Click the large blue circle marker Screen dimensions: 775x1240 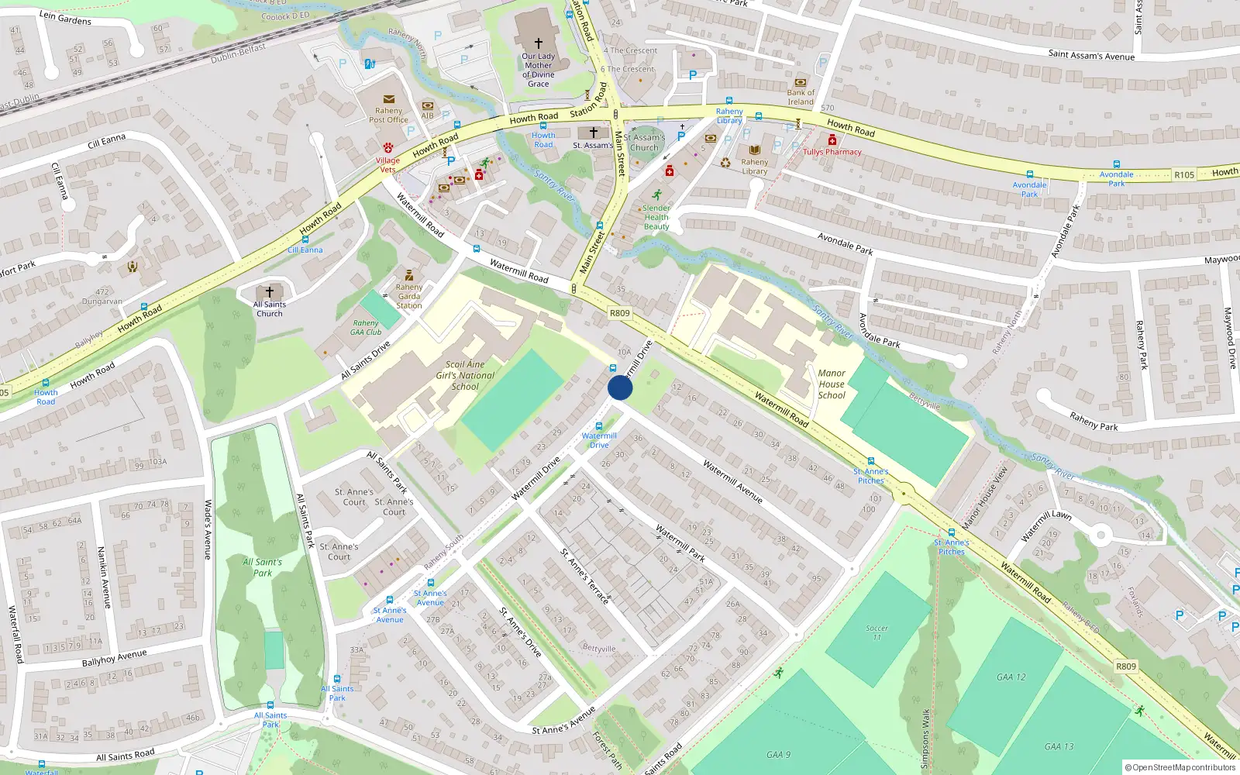tap(620, 387)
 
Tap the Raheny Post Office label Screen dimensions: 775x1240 tap(388, 115)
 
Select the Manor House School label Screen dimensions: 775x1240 tap(832, 384)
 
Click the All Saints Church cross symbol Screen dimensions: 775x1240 tap(270, 292)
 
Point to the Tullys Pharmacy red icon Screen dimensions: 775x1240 tap(832, 140)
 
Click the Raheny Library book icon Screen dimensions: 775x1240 tap(754, 150)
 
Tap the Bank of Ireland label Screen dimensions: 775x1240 tap(801, 97)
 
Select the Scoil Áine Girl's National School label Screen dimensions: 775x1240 tap(465, 375)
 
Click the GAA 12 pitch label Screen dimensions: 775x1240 tap(1011, 677)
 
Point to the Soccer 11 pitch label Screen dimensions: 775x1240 tap(877, 632)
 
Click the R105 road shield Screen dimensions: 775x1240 tap(1183, 175)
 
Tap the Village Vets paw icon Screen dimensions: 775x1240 tap(387, 147)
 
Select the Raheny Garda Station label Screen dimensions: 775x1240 tap(409, 296)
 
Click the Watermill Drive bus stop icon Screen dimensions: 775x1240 tap(599, 426)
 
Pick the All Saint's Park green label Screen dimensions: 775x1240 tap(263, 567)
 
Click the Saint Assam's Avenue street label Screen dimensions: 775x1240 tap(1091, 55)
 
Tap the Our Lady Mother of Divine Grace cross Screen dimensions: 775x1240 tap(538, 43)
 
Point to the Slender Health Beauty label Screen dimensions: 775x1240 tap(656, 217)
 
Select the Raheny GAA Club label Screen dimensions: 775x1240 tap(366, 327)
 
